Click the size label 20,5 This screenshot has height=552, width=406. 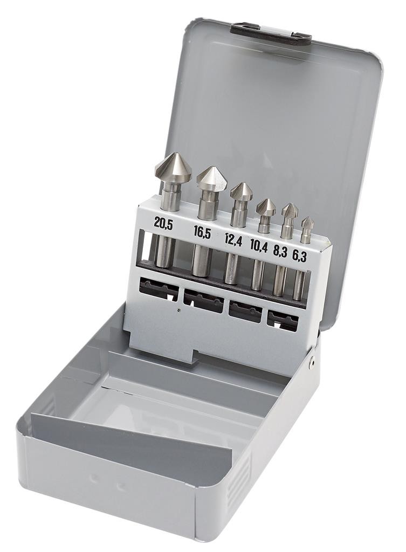pyautogui.click(x=163, y=224)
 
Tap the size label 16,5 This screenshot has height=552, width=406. pyautogui.click(x=202, y=233)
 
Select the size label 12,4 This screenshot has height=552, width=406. pyautogui.click(x=233, y=241)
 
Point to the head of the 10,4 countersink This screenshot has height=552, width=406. pyautogui.click(x=265, y=208)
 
